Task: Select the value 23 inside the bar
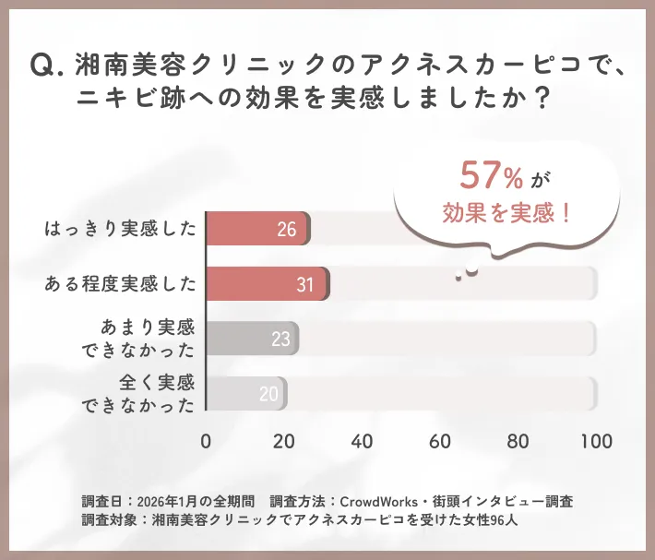280,340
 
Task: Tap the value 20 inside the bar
268,395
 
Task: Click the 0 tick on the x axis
206,440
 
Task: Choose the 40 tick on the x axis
363,440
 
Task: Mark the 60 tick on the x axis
441,440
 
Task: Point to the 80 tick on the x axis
518,440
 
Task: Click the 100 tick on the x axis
597,440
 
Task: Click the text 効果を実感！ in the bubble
506,214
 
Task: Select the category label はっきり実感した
121,229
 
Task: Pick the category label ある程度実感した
121,284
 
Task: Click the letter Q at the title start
44,65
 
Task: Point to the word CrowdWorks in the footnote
380,502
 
